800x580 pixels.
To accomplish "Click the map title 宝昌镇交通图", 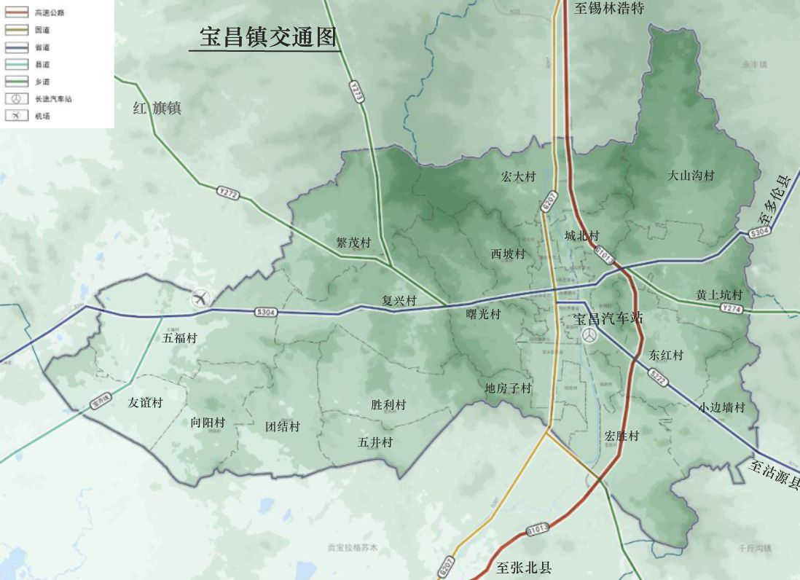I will tap(268, 38).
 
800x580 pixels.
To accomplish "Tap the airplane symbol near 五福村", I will tap(201, 297).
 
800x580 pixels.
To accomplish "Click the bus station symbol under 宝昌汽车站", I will tap(589, 335).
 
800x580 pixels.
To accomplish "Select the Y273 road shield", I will tap(356, 92).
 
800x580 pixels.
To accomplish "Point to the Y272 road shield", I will tap(227, 193).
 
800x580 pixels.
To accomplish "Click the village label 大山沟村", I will tap(691, 176).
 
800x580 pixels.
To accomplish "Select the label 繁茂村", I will tap(353, 243).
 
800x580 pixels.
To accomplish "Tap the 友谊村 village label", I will tap(146, 402).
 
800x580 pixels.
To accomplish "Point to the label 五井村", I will tap(375, 442).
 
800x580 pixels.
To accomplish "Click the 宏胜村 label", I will tap(621, 436).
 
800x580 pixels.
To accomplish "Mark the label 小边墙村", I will tap(722, 407).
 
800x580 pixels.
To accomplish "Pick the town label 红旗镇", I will tap(157, 109).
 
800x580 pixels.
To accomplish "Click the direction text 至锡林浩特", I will tap(610, 9).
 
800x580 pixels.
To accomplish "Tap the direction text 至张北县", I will tap(524, 568).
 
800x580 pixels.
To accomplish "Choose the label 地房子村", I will tap(509, 388).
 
